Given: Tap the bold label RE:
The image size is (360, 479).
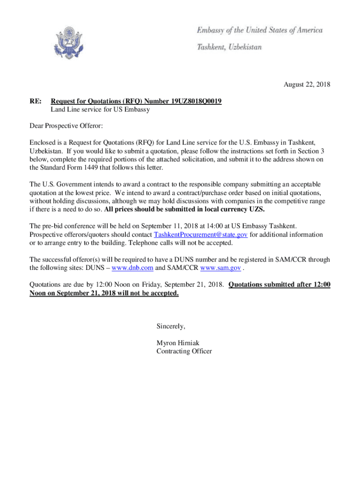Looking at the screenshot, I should point(35,101).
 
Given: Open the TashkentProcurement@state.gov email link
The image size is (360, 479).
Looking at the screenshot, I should point(201,234).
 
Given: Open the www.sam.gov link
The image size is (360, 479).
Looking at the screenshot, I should point(220,268).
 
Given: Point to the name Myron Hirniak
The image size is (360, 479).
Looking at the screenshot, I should point(178,343).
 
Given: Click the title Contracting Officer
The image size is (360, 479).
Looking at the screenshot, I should point(184,351).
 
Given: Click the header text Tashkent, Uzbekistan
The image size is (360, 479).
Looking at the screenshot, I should point(229,47).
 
